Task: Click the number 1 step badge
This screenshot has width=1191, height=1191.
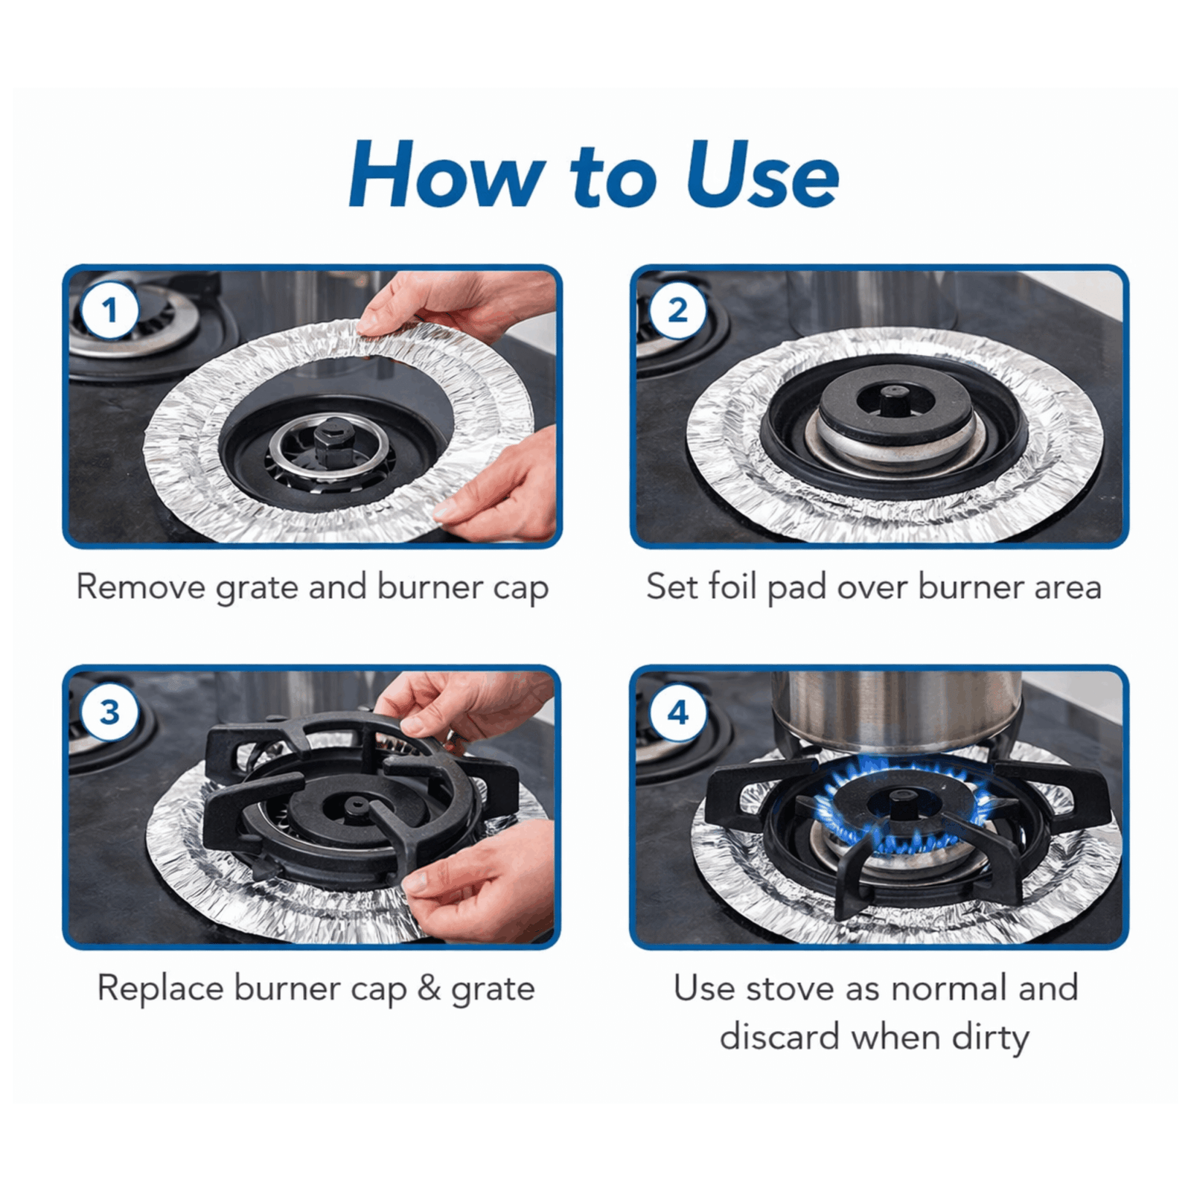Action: pos(109,310)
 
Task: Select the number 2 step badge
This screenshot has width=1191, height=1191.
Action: pos(677,310)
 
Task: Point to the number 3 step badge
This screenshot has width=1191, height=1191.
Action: pos(109,712)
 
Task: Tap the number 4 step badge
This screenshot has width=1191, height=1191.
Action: pos(677,712)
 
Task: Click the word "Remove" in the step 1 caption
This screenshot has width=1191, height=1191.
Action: pos(141,587)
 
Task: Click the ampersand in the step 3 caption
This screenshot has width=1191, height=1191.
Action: pos(429,989)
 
